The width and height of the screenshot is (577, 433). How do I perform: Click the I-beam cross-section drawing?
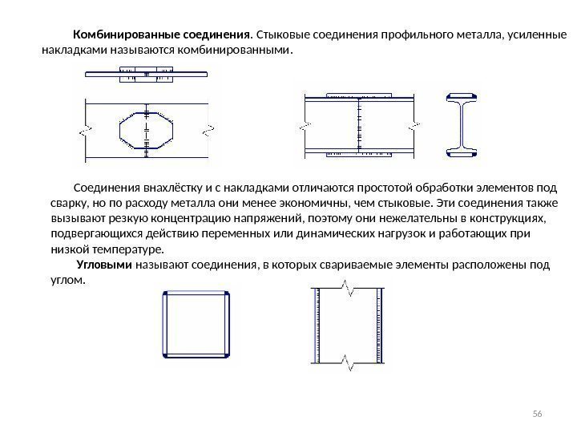tap(462, 123)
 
